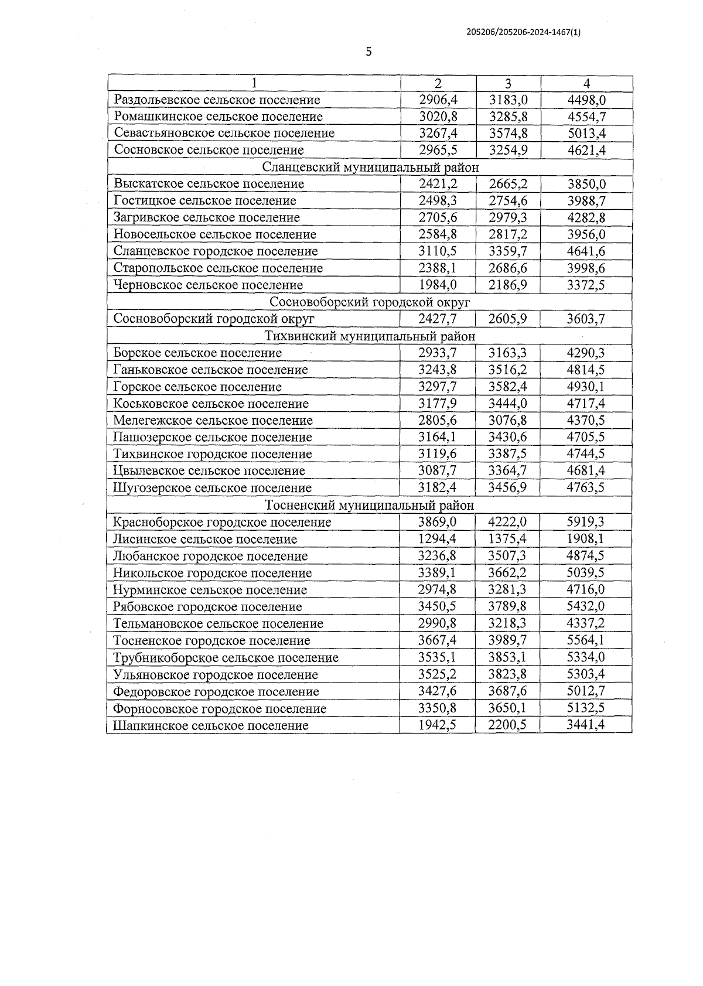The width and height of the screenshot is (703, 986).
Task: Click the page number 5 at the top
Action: click(x=368, y=52)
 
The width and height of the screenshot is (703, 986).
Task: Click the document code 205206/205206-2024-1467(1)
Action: click(x=524, y=33)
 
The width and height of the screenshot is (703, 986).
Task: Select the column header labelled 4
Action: click(x=586, y=83)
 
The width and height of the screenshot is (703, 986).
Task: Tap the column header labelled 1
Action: click(x=254, y=83)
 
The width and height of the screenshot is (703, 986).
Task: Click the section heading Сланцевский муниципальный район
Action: click(x=370, y=167)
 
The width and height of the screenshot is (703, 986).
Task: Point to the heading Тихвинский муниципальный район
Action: click(x=370, y=336)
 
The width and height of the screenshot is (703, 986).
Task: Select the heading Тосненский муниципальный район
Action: click(x=370, y=505)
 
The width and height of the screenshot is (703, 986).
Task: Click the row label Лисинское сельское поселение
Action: click(x=205, y=539)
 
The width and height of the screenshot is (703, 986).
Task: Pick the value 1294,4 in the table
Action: click(x=438, y=539)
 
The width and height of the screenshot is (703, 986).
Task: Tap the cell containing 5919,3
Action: click(x=586, y=522)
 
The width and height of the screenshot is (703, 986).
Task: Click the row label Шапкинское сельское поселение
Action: click(x=211, y=725)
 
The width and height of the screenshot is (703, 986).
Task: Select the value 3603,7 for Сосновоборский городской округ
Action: click(x=586, y=319)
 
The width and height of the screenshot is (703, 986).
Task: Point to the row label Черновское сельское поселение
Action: click(x=209, y=285)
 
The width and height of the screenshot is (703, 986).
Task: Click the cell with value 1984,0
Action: click(x=438, y=285)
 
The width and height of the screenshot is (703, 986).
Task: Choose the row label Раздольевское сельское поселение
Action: click(x=217, y=100)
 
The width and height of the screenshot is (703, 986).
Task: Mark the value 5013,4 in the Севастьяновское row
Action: click(x=586, y=134)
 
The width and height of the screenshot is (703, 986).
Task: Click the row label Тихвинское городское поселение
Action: click(x=213, y=454)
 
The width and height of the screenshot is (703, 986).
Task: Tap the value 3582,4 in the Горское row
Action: click(x=509, y=387)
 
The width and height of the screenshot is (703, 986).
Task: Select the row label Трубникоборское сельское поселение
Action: click(x=226, y=657)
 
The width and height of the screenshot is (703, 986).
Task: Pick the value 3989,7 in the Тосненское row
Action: click(x=509, y=640)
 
